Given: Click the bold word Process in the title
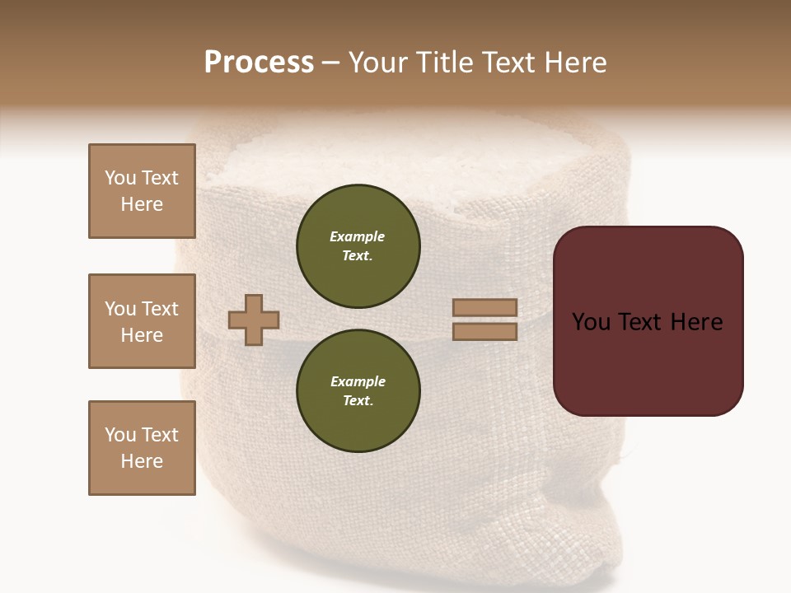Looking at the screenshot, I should pos(259,63).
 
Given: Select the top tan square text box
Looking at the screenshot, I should pos(142,191).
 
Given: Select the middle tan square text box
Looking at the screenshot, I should pos(142,321).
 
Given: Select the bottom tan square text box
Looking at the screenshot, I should pos(142,448).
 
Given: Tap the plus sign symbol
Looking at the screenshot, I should pos(254,320).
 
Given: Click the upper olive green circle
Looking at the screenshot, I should pos(358,246).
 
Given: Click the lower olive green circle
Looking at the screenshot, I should pos(358,391).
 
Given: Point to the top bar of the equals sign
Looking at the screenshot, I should pos(484,308).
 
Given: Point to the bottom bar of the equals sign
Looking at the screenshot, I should pos(484,331).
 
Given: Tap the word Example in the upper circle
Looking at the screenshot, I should pos(357,236).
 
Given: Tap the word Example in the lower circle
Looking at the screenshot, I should pos(358,381).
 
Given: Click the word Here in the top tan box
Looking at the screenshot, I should pos(142,204).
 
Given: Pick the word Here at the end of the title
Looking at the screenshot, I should pos(573,63).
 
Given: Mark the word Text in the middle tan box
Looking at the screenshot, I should pos(160,309).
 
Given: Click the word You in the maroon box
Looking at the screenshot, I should pos(591,322).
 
